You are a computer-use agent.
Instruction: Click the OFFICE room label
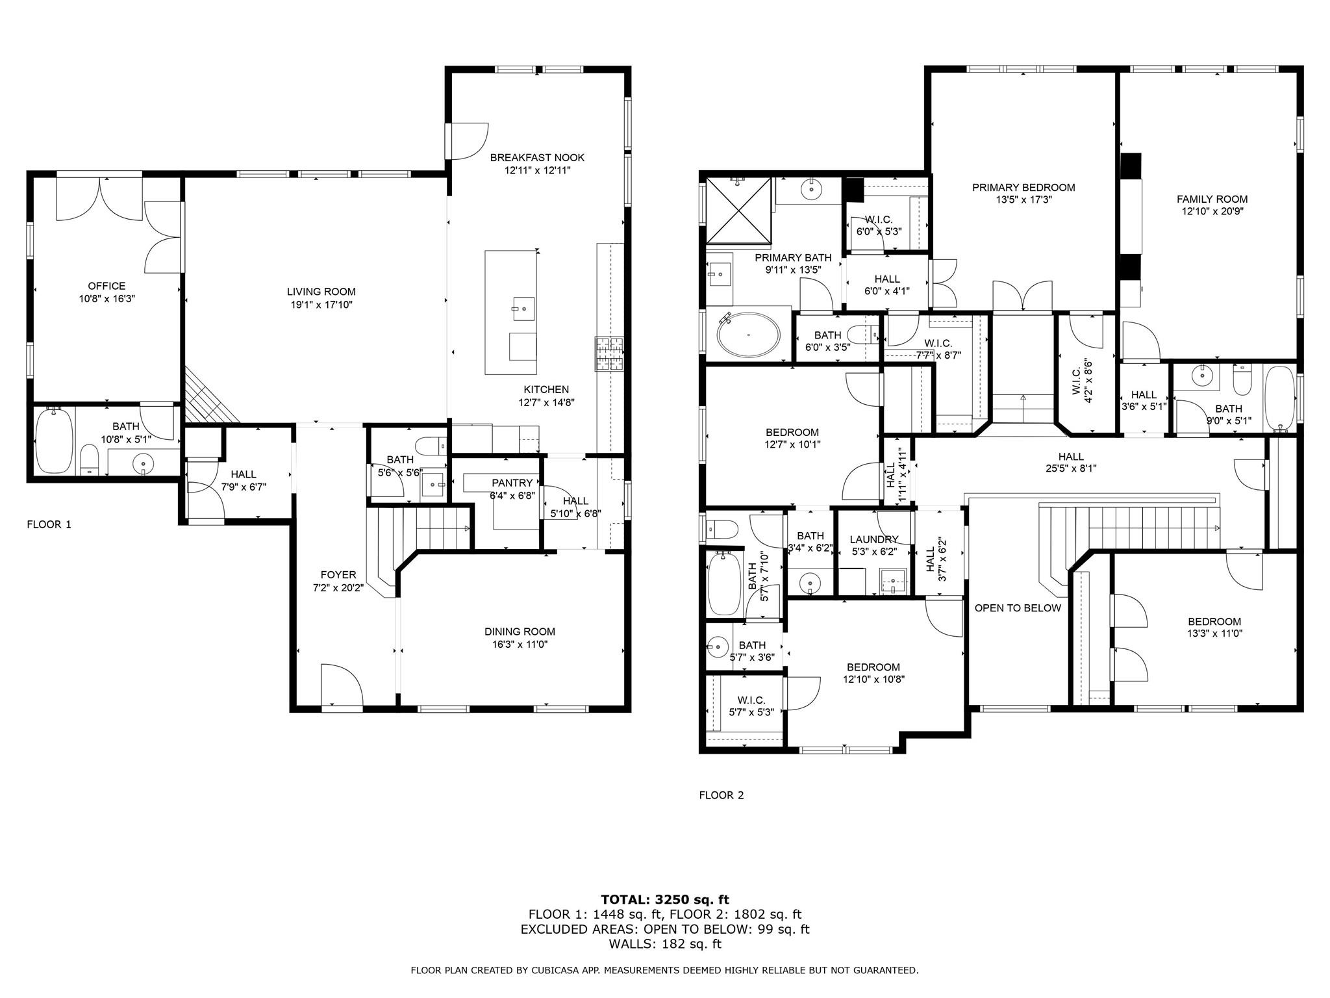(107, 286)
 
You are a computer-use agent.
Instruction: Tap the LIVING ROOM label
(321, 292)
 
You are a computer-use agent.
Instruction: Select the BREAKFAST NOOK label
(537, 157)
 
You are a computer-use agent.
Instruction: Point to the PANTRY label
(512, 483)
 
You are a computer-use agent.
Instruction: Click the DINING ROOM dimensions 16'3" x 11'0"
(520, 645)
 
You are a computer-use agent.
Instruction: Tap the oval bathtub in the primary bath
(749, 335)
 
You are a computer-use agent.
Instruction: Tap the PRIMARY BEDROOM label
(1023, 188)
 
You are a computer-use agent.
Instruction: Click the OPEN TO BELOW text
(1018, 608)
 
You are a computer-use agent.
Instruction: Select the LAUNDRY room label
(873, 539)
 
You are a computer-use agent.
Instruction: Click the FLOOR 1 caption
(49, 524)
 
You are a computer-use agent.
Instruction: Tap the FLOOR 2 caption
(721, 795)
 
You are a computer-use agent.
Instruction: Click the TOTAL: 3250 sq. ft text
(665, 900)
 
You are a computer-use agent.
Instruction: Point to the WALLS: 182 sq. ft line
(665, 944)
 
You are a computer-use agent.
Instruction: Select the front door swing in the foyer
(342, 684)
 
